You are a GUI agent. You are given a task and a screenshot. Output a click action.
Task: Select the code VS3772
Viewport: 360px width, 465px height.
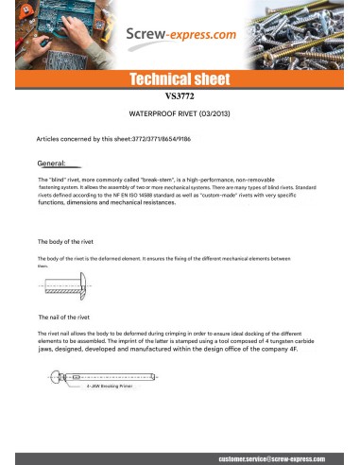pyautogui.click(x=179, y=96)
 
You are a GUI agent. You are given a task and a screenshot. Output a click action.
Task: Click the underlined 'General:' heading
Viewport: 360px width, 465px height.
pyautogui.click(x=52, y=163)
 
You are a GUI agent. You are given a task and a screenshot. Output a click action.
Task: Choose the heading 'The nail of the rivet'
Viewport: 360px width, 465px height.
pyautogui.click(x=68, y=318)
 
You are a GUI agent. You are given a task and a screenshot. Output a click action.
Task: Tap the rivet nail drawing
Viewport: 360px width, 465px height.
pyautogui.click(x=123, y=376)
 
